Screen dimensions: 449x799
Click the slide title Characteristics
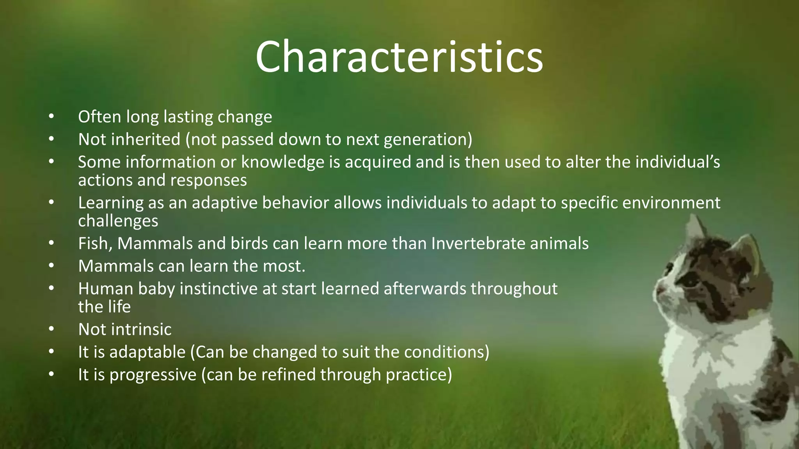coord(399,57)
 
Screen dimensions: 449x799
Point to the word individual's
coord(677,162)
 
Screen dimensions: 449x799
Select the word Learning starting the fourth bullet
coord(111,203)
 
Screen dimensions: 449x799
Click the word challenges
coord(118,221)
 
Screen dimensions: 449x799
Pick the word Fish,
coord(95,244)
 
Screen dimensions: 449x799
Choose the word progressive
coord(153,375)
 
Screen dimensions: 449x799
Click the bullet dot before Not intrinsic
coord(51,329)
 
